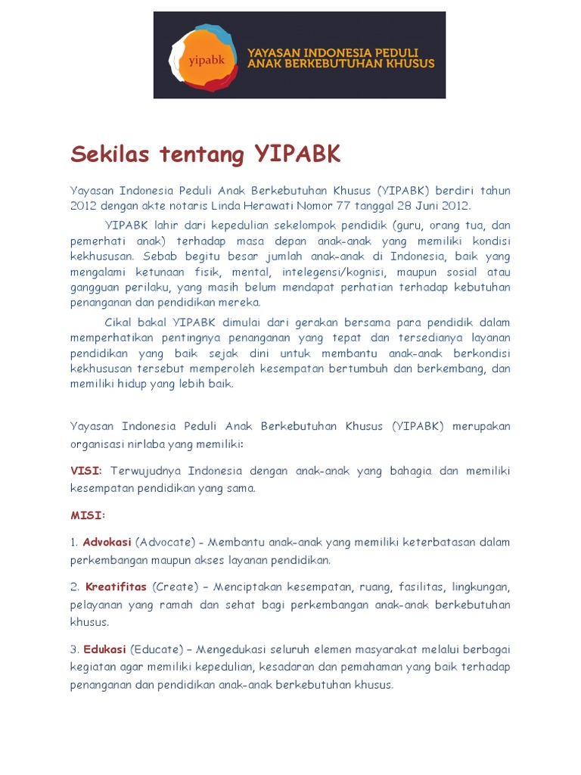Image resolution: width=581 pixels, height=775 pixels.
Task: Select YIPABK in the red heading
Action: click(298, 154)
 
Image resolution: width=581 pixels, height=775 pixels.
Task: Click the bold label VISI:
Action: click(86, 471)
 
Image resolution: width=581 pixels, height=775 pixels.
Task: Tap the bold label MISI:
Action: click(88, 515)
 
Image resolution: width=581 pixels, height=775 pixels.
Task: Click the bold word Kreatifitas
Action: click(117, 587)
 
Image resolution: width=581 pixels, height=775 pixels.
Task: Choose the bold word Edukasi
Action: click(104, 649)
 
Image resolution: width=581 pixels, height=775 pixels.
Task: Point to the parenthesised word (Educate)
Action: click(157, 649)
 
